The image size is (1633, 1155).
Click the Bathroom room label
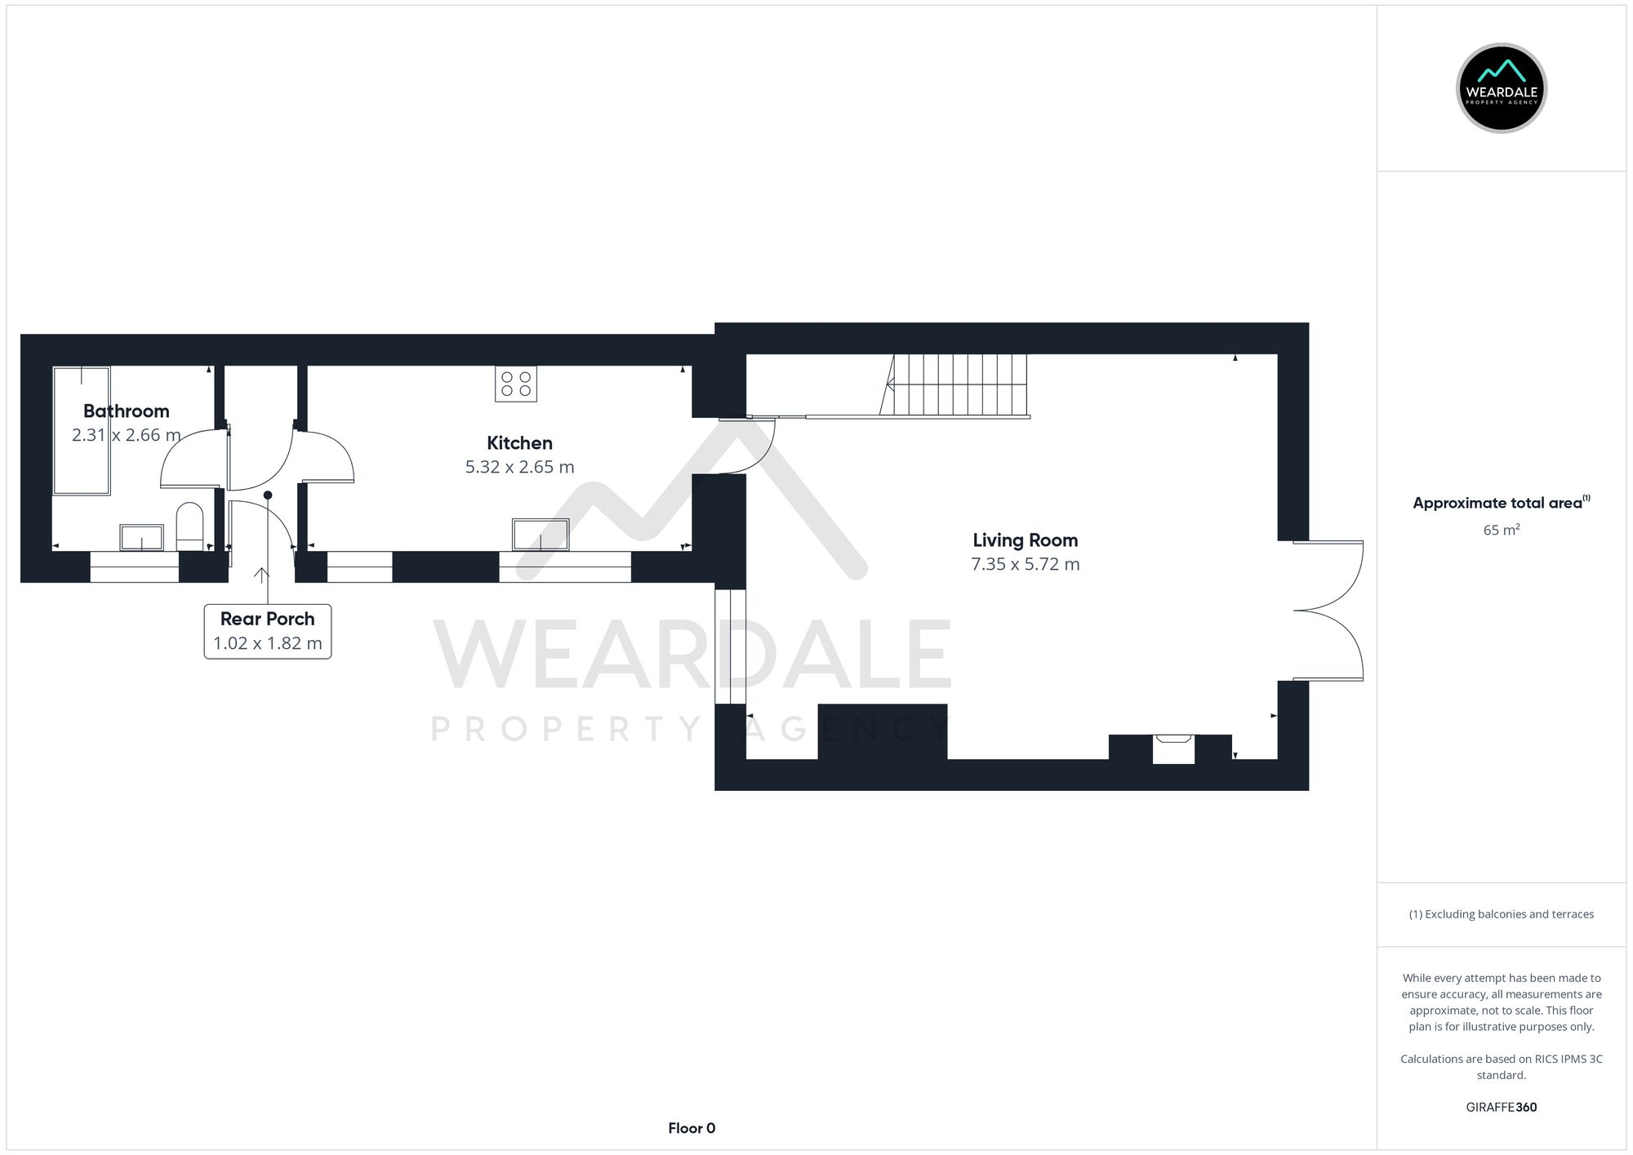click(127, 411)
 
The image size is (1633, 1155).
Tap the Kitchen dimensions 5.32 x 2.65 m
click(519, 468)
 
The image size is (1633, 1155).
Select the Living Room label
click(1025, 540)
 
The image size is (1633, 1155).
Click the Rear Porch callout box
click(268, 631)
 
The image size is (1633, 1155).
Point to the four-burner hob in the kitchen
click(516, 384)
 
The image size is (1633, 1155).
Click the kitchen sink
click(541, 535)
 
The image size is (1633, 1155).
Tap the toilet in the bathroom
click(189, 526)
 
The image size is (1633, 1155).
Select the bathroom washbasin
click(141, 537)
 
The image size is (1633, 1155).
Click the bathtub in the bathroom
click(82, 430)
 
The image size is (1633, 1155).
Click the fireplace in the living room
click(1173, 748)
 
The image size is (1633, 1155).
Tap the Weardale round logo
click(1501, 88)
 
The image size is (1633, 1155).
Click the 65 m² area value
click(1501, 531)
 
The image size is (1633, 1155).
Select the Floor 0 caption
click(692, 1128)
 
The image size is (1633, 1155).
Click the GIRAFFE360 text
click(1501, 1107)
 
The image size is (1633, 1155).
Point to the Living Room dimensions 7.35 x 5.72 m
click(1025, 565)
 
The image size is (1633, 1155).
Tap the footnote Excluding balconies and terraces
click(1501, 914)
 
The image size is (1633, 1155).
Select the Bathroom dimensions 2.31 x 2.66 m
click(127, 435)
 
